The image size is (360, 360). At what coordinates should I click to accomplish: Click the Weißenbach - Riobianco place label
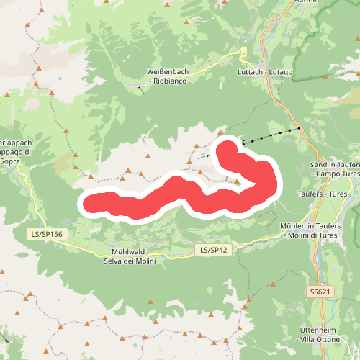(167, 76)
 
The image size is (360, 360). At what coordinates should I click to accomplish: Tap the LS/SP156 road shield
(48, 235)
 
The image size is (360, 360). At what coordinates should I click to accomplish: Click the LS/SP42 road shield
(213, 250)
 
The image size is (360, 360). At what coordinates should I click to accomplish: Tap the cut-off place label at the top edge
(305, 2)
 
